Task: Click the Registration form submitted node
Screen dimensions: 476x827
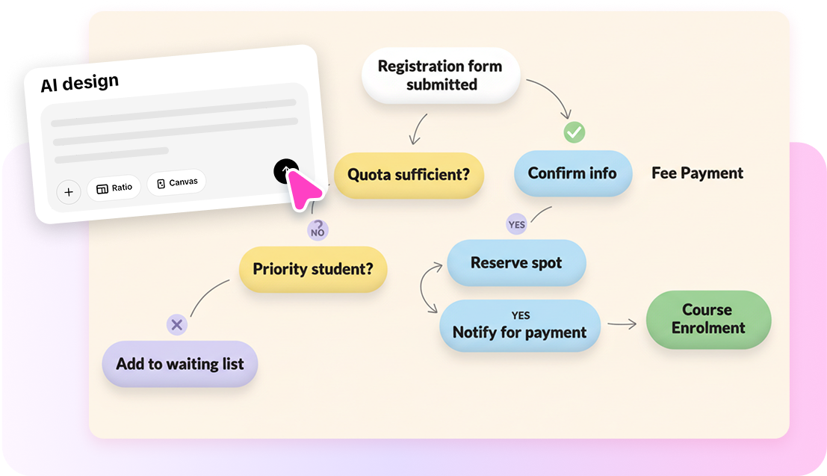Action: coord(440,75)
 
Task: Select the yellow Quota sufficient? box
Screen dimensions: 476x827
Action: coord(409,175)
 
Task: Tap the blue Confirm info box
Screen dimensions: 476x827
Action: coord(572,173)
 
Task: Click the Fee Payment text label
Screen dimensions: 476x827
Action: coord(697,173)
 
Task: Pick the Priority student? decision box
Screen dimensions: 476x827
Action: coord(313,269)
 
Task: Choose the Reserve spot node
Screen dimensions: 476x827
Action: coord(516,263)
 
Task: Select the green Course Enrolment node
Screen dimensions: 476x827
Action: coord(707,319)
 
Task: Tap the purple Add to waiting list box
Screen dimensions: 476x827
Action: coord(180,365)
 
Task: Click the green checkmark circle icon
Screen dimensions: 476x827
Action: coord(574,132)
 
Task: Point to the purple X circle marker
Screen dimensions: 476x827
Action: coord(176,324)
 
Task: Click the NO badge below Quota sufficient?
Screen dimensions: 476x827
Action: coord(318,230)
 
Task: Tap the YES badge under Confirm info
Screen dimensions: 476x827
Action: coord(516,224)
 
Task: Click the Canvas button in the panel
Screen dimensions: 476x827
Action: coord(176,182)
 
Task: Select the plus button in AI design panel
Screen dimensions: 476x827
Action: coord(69,192)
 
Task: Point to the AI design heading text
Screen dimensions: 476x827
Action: coord(80,82)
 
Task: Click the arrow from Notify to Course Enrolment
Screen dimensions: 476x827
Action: coord(622,324)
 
